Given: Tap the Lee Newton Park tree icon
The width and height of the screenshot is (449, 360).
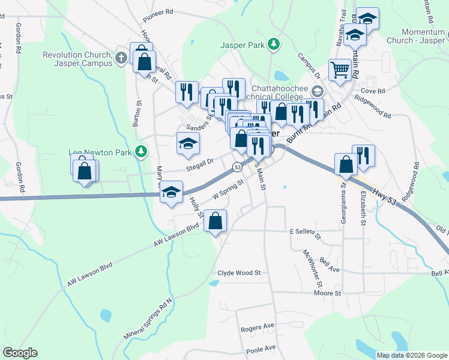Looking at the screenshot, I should pos(141,152).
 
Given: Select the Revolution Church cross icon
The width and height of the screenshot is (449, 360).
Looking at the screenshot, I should pos(121,58).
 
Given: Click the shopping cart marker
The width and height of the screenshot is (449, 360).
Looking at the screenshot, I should pos(340,70).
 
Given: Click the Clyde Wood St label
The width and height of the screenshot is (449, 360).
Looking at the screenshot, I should pos(239,272).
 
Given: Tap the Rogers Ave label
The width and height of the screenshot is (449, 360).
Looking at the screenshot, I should pos(257,328).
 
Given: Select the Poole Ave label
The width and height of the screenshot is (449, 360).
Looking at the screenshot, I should pos(261,348).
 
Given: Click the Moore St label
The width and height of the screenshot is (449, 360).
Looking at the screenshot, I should pos(327,293).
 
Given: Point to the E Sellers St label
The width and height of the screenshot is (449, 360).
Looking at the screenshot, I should pos(306,231).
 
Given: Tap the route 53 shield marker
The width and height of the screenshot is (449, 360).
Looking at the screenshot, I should pos(238,167).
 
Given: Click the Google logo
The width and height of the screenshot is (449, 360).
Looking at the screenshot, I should pos(20,353).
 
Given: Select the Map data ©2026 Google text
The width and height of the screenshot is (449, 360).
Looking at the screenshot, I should pos(412,355).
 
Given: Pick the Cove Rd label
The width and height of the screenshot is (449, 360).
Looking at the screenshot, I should pos(372,91).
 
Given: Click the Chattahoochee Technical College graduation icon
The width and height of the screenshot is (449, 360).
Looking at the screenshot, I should pos(317,91).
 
